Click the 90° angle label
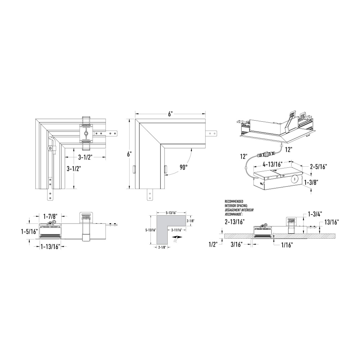184,167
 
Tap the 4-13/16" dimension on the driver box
273,164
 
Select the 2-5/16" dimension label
319,166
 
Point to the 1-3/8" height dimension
311,183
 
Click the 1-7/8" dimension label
50,216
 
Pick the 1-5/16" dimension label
29,231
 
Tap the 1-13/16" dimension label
50,247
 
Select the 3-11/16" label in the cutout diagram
176,230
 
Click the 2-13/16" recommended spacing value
235,222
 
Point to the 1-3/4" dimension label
315,214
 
